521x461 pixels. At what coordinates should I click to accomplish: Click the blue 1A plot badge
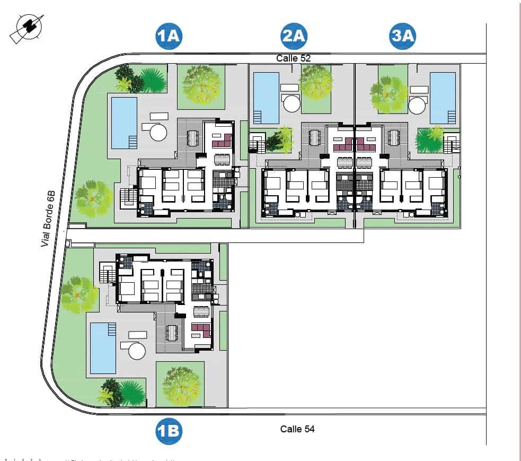tap(169, 36)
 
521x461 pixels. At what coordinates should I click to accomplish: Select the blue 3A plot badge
tap(403, 36)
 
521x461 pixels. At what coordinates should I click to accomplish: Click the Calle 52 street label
tap(293, 58)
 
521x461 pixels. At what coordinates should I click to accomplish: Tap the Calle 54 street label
tap(297, 429)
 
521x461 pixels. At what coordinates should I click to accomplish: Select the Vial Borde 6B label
tap(48, 219)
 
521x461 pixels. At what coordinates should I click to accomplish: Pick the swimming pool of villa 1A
tap(124, 123)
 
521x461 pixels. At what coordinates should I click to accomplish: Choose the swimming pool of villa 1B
tap(103, 347)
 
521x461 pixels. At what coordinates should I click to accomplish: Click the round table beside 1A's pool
tap(158, 132)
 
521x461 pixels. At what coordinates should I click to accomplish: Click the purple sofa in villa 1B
tap(201, 330)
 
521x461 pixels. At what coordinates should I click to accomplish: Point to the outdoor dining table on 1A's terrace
tap(193, 138)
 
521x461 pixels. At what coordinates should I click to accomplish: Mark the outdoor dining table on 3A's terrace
tap(394, 137)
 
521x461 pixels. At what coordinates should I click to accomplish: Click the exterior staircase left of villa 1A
tap(128, 197)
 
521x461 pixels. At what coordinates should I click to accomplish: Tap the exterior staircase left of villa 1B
tap(107, 274)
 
